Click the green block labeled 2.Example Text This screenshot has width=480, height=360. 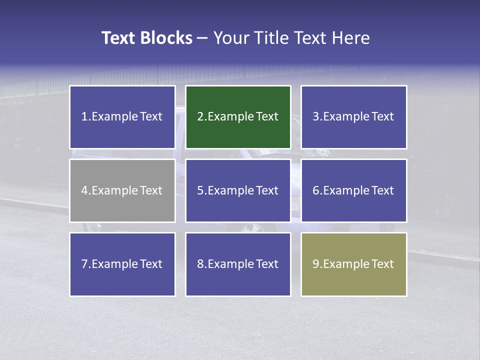click(238, 117)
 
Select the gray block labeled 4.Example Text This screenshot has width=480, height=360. click(122, 190)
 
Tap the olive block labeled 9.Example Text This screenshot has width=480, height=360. click(353, 264)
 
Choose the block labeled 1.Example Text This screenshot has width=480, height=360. click(122, 117)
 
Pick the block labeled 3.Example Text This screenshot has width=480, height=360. click(353, 117)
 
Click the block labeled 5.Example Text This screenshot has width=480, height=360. click(238, 190)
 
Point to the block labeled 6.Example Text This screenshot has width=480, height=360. click(353, 190)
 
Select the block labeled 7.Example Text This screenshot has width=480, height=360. click(122, 264)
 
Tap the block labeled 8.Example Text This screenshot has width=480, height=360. click(238, 264)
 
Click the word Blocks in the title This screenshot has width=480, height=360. click(166, 38)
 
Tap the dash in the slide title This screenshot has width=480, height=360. click(202, 38)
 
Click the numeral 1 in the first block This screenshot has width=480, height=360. click(84, 117)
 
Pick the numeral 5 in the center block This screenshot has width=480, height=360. click(200, 190)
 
